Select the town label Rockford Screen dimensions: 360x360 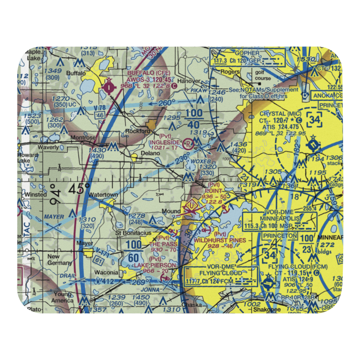(x=138, y=131)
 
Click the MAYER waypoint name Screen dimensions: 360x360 (x=54, y=217)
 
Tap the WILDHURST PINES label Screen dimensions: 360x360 (x=220, y=240)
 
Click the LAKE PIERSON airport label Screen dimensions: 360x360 (x=156, y=265)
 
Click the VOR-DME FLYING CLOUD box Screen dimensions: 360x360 (x=221, y=276)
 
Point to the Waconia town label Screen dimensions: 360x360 (x=106, y=272)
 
